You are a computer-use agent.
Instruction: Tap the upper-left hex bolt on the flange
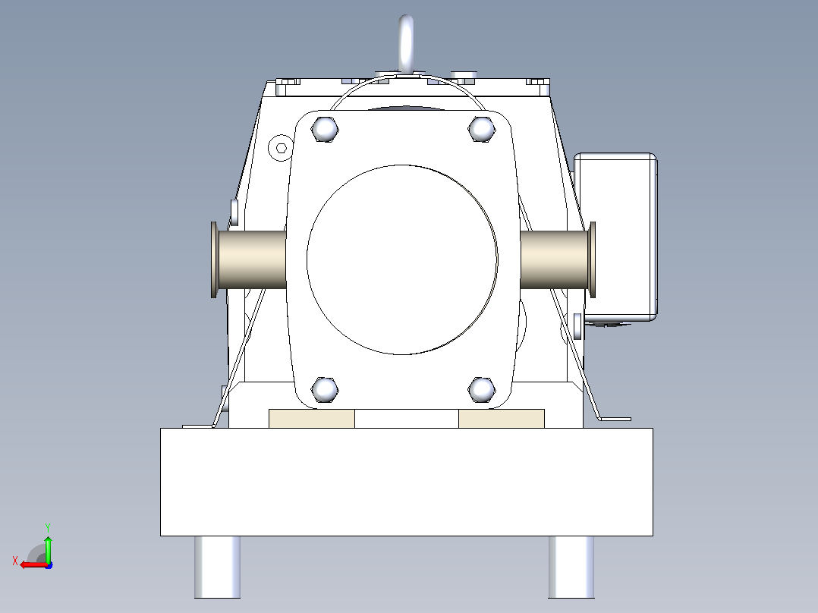coord(325,128)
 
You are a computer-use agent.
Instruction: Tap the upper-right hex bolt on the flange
coord(481,128)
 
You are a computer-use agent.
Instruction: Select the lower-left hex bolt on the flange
coord(325,389)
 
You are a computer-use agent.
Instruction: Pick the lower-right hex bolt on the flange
coord(481,389)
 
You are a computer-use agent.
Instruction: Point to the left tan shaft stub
coord(252,259)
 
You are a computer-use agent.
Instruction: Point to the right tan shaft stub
coord(554,259)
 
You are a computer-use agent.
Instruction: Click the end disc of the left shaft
coord(214,259)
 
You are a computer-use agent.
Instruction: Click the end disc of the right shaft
coord(593,259)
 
